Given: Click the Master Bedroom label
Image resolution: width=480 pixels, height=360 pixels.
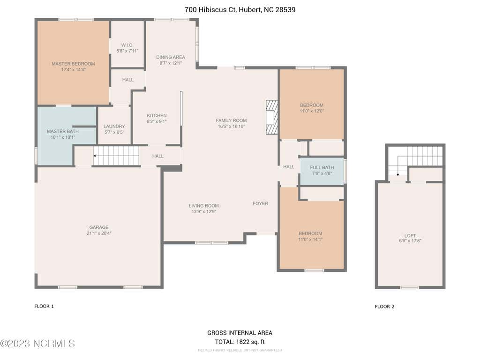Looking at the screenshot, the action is click(x=73, y=64).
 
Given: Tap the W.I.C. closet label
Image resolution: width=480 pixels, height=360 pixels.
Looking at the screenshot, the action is click(x=127, y=45).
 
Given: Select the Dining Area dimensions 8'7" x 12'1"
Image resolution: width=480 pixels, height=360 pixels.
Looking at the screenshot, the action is click(x=171, y=63).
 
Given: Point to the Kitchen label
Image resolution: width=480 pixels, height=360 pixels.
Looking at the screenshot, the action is click(x=157, y=115).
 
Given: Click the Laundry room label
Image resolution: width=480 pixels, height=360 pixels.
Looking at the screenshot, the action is click(x=114, y=126).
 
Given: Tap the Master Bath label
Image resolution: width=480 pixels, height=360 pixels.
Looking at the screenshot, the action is click(x=63, y=131).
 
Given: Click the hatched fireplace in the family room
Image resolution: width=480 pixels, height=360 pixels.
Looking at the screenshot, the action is click(x=272, y=117).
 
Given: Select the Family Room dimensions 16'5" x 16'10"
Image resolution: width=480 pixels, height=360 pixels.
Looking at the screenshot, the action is click(x=232, y=126).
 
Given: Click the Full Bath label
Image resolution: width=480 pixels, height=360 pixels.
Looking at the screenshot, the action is click(x=322, y=167).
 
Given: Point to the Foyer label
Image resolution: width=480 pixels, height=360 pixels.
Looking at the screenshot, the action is click(x=261, y=203).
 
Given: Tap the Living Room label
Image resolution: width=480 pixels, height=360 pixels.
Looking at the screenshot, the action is click(x=203, y=206).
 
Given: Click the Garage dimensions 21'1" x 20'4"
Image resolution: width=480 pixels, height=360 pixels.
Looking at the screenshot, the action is click(x=99, y=233).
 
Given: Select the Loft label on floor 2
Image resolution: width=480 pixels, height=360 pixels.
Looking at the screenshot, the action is click(x=410, y=236).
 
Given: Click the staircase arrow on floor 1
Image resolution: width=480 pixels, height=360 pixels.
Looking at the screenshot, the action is click(x=116, y=156).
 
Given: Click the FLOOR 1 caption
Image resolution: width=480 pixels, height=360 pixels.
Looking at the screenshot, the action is click(x=44, y=306).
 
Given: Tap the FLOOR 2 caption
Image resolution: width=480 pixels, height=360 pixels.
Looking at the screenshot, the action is click(x=384, y=307).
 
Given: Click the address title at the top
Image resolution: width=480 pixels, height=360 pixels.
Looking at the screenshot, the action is click(x=240, y=9).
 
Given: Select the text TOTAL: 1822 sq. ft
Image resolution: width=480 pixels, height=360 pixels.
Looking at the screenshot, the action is click(x=240, y=342).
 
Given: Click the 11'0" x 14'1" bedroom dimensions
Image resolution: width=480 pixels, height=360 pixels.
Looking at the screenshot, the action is click(x=310, y=240).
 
